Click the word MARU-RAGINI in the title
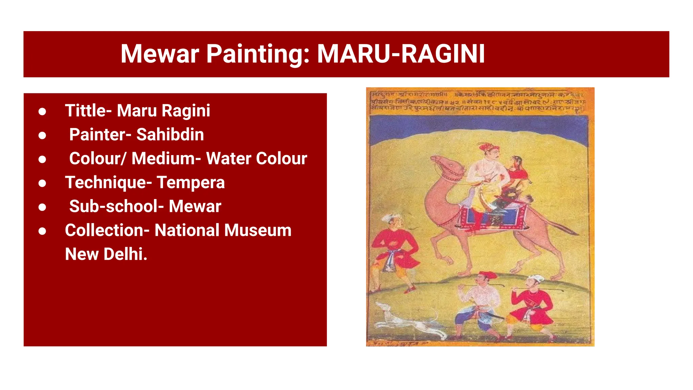(x=401, y=54)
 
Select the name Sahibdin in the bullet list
(x=170, y=134)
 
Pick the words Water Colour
(x=256, y=158)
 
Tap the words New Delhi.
(x=106, y=254)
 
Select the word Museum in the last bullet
(x=258, y=230)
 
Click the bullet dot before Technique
(x=42, y=183)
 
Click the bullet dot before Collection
(x=42, y=231)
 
